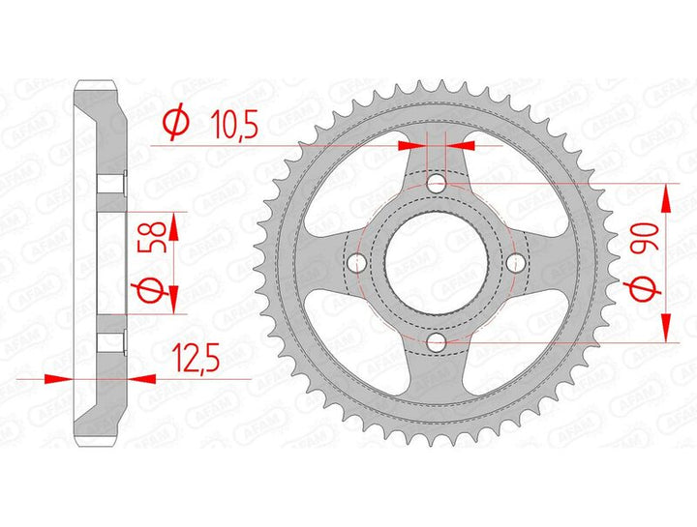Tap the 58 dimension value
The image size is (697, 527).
[153, 237]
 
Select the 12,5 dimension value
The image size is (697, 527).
[197, 357]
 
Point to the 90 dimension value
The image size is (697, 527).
[644, 239]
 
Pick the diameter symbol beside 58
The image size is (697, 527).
[151, 290]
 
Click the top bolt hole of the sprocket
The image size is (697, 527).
[436, 183]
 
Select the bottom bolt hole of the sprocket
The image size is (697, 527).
[436, 342]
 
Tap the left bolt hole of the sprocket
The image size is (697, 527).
[356, 262]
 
